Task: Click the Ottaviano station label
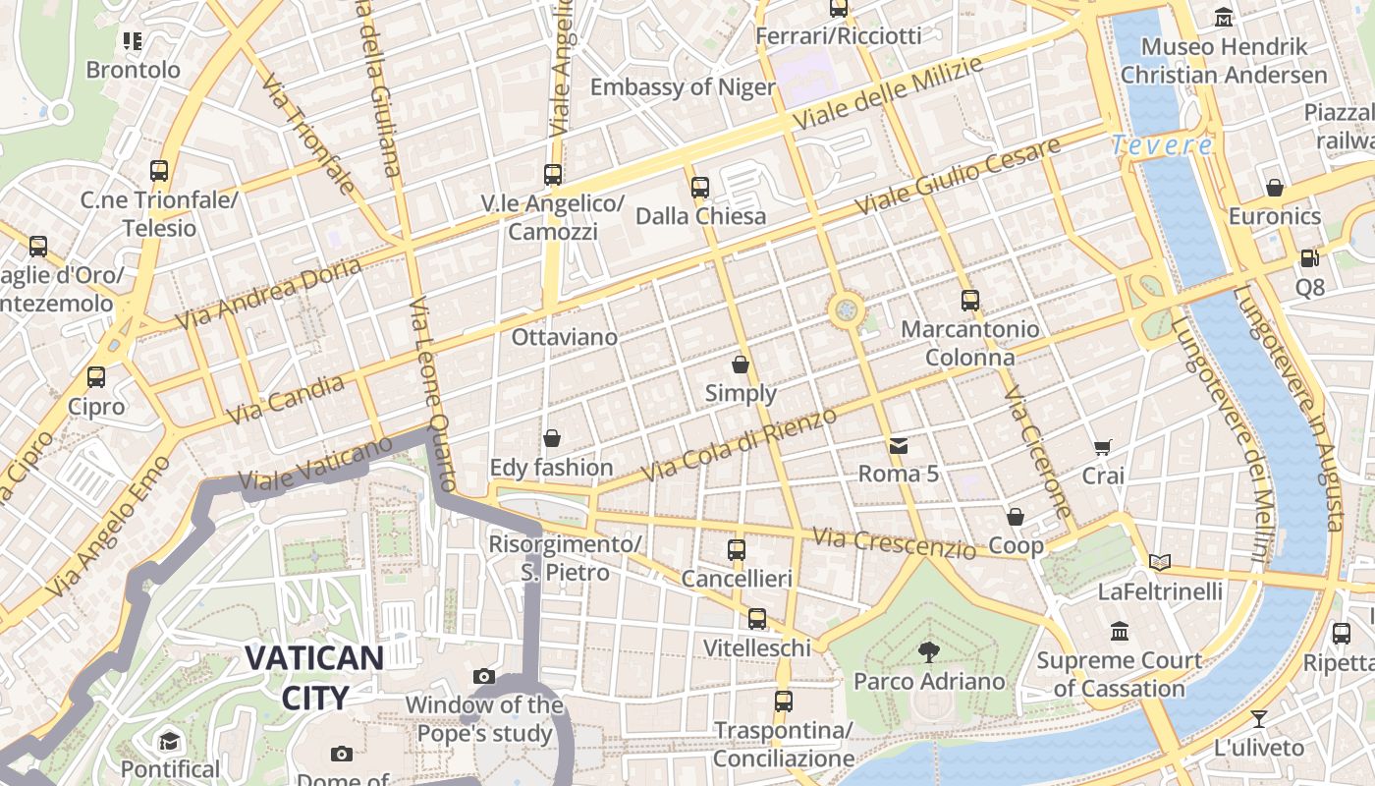(x=565, y=337)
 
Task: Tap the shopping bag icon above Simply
(x=741, y=365)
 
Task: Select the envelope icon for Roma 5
(x=898, y=446)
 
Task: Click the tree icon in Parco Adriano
(x=928, y=651)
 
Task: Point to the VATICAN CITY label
(x=314, y=677)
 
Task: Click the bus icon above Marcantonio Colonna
(x=969, y=301)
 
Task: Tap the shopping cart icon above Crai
(x=1103, y=447)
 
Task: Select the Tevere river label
(x=1162, y=146)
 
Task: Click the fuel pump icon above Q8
(x=1309, y=258)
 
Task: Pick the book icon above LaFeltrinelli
(x=1160, y=562)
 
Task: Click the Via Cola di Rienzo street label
(x=739, y=445)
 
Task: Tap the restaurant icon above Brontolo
(x=133, y=41)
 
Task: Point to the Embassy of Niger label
(x=683, y=87)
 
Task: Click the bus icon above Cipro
(x=96, y=377)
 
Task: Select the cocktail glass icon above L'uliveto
(x=1258, y=718)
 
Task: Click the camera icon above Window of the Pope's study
(x=483, y=676)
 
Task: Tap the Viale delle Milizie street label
(x=888, y=95)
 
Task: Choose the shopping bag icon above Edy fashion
(x=552, y=438)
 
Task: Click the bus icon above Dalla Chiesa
(x=699, y=187)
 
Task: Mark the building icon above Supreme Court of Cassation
(x=1119, y=631)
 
